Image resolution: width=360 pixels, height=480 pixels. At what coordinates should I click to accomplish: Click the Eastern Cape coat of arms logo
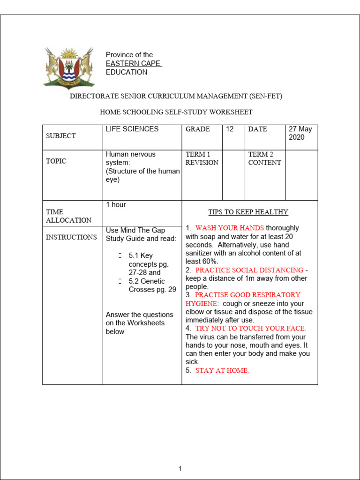coord(68,67)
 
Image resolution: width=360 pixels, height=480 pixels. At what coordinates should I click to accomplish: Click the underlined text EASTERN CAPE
coord(134,64)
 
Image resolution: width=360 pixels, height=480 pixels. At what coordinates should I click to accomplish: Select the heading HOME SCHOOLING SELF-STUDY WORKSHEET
coord(176,112)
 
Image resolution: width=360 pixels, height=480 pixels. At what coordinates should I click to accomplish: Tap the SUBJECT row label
coord(60,136)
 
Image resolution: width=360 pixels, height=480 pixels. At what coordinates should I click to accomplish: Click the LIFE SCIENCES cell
coord(132,129)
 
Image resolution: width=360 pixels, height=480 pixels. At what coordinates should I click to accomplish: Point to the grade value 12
coord(230,129)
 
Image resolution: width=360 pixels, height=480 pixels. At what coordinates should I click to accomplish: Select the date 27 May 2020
coord(300,133)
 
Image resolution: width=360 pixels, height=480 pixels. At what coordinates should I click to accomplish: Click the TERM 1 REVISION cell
coord(202,158)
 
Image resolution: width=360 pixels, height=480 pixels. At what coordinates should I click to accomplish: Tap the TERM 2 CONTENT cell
coord(264,158)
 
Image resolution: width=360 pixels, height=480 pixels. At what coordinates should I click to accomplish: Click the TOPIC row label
coord(56,161)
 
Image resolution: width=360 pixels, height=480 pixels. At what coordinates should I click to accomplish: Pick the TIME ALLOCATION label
coord(68,216)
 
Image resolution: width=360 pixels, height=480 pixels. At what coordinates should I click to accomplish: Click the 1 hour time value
coord(116,205)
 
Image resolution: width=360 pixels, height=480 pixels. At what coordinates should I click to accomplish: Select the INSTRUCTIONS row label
coord(71,237)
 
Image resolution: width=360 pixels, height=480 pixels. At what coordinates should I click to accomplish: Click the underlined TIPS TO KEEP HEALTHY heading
coord(248,212)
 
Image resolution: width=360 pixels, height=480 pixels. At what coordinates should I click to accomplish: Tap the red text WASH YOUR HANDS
coord(230,228)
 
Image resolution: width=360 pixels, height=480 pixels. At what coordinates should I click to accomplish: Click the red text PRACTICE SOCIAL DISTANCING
coord(249,270)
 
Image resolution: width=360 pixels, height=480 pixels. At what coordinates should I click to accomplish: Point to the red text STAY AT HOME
coord(222,370)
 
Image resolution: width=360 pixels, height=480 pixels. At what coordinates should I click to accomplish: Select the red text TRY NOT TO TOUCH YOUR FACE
coord(250,329)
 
